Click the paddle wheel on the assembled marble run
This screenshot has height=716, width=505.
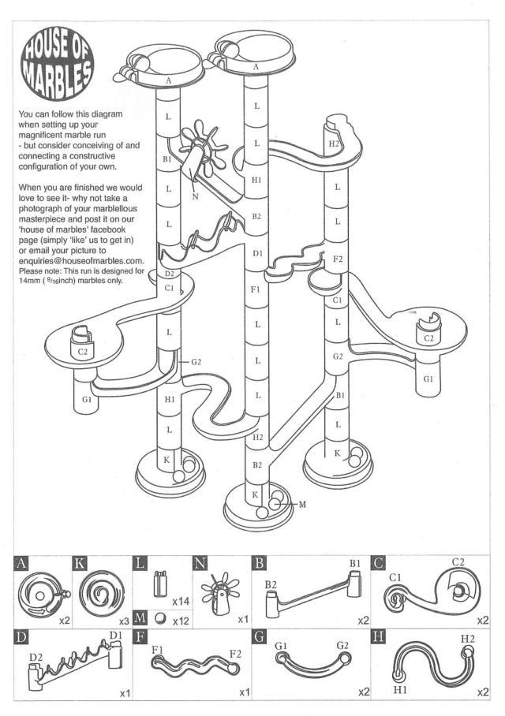(x=204, y=150)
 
